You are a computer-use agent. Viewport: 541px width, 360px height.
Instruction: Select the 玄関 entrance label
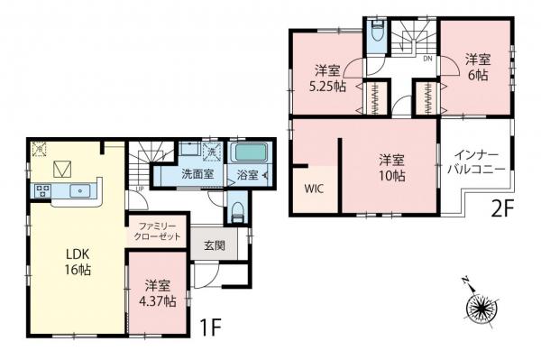(x=214, y=245)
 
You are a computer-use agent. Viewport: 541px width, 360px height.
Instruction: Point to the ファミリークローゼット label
(x=160, y=230)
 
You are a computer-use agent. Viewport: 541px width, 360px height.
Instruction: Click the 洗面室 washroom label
(x=197, y=174)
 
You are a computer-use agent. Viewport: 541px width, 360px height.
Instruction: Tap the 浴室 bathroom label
(x=247, y=174)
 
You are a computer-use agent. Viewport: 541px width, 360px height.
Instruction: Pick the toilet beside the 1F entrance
(x=236, y=212)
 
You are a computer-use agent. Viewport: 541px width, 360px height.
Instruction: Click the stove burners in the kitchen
(x=41, y=191)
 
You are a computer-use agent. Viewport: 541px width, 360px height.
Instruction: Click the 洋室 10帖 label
(x=390, y=168)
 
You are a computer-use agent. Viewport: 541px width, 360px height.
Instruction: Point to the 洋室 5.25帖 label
(x=326, y=78)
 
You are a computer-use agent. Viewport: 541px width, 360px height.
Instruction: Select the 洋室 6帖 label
(x=477, y=68)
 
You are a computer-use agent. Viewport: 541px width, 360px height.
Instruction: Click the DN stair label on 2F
(x=427, y=59)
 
